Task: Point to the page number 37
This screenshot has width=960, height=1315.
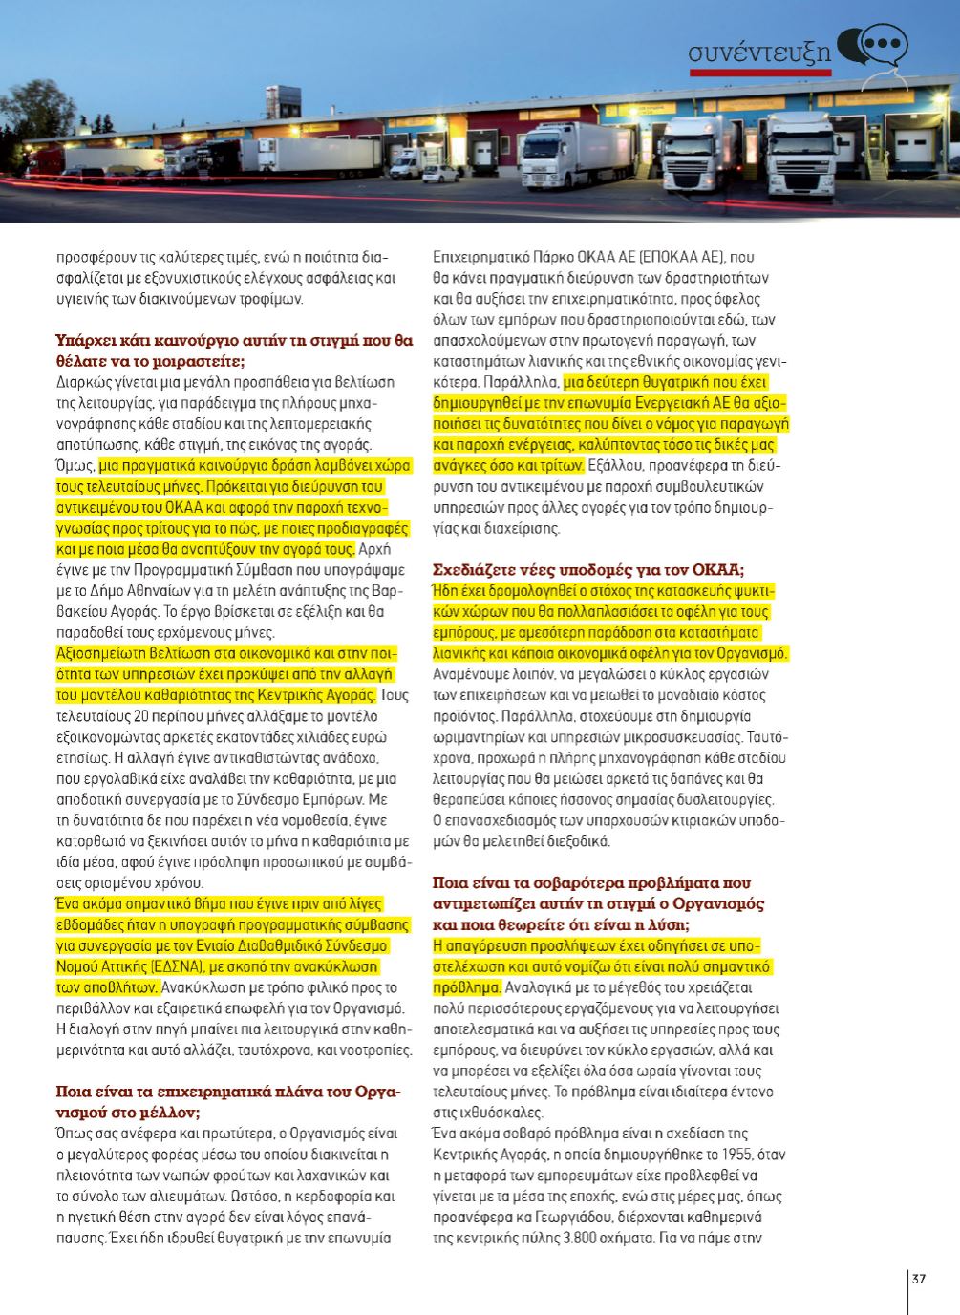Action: (x=920, y=1280)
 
